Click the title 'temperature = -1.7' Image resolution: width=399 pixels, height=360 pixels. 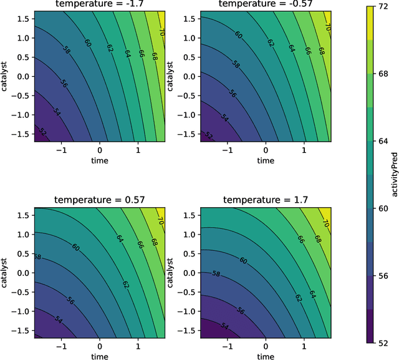99,4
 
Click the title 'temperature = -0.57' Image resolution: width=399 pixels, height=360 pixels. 266,4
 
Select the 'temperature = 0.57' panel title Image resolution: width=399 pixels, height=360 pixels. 99,200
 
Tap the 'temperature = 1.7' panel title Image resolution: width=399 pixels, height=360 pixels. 266,200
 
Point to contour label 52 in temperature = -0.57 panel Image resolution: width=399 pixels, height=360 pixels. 208,136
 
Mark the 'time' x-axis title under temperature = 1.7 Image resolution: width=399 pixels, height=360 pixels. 266,356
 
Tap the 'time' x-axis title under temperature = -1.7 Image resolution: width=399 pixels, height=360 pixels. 99,160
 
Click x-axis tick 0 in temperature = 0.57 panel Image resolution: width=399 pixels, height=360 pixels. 99,346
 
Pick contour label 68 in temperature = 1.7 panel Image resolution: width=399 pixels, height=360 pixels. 317,239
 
